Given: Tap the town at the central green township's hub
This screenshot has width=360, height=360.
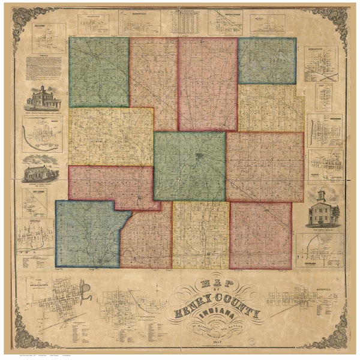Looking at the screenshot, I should pos(199,158).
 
